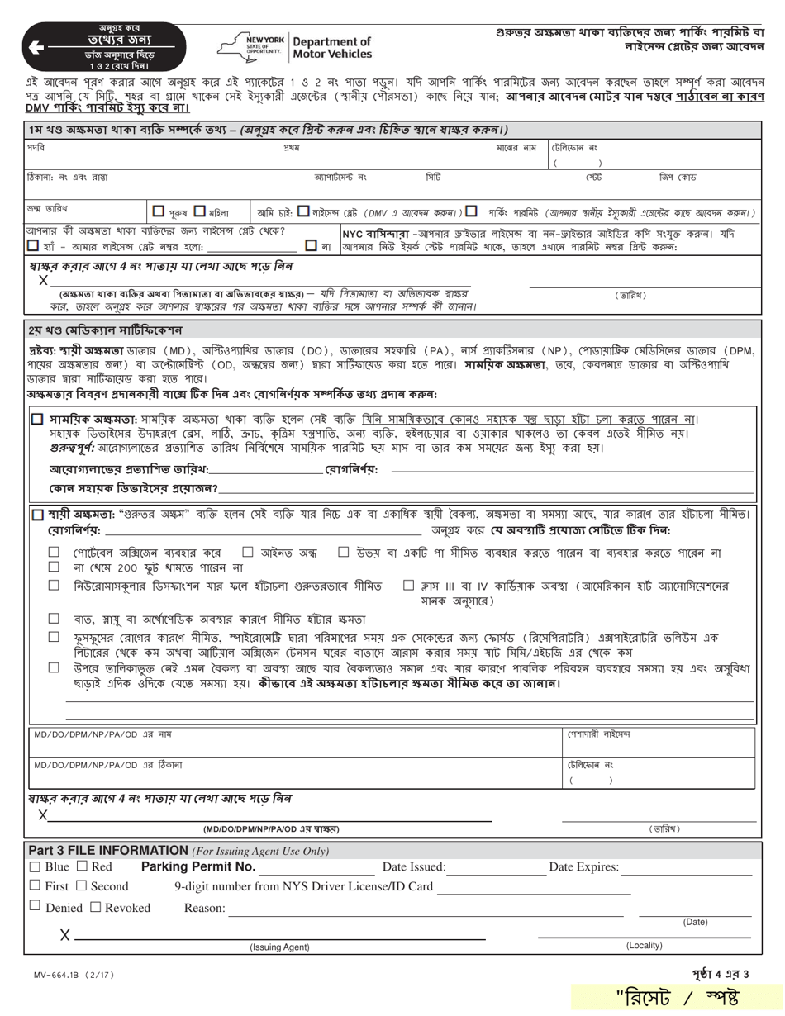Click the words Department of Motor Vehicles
pyautogui.click(x=332, y=48)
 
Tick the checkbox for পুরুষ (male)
pyautogui.click(x=159, y=211)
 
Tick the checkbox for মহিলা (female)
pyautogui.click(x=200, y=211)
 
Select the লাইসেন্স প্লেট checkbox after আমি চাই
pyautogui.click(x=303, y=211)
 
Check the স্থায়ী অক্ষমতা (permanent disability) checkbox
pyautogui.click(x=37, y=514)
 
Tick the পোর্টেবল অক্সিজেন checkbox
pyautogui.click(x=54, y=552)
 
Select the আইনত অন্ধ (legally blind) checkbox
pyautogui.click(x=247, y=552)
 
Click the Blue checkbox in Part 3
pyautogui.click(x=35, y=866)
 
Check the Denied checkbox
pyautogui.click(x=35, y=907)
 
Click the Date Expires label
pyautogui.click(x=583, y=867)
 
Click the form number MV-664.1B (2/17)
pyautogui.click(x=69, y=975)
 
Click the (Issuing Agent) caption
pyautogui.click(x=279, y=947)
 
